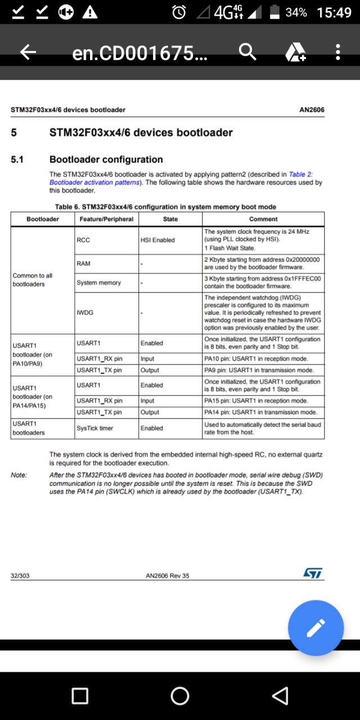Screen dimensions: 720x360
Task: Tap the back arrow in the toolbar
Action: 28,52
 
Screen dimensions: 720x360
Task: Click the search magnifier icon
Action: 247,52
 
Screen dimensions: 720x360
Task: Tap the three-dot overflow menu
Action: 337,52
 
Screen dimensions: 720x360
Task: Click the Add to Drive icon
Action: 295,52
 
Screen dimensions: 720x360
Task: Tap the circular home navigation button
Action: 180,696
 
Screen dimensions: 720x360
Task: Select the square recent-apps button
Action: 80,696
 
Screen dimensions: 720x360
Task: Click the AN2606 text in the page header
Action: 312,110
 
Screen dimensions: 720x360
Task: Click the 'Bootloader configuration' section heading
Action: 106,160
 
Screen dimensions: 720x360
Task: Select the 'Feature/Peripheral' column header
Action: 106,219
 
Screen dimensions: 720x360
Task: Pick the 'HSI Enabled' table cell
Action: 157,240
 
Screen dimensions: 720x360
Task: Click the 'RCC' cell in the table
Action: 83,240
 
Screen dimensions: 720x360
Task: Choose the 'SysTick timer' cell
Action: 94,428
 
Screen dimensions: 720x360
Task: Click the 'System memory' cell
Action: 98,282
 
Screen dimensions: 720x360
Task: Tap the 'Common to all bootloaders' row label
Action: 33,280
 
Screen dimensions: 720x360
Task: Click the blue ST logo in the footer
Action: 313,573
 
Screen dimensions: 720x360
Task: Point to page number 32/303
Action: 20,575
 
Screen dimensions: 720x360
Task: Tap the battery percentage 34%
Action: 296,12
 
